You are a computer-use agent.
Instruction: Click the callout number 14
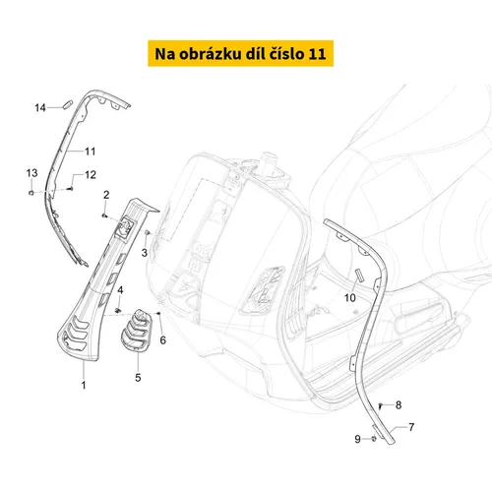40,107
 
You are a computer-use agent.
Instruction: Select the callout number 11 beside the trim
91,152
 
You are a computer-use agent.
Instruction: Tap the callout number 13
31,173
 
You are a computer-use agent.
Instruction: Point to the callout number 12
91,174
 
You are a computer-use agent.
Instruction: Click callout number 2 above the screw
106,195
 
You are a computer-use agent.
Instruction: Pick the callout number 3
145,253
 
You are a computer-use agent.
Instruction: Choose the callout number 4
120,290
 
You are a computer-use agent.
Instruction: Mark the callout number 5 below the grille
138,378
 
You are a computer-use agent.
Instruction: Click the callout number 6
163,340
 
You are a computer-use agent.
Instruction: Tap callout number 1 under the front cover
84,385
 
